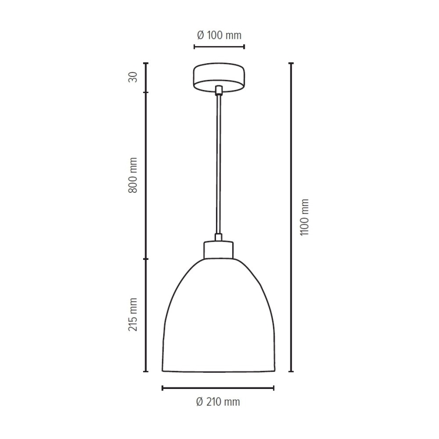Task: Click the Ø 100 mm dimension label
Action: click(219, 35)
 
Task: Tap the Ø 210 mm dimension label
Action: click(218, 402)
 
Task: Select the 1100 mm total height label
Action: click(304, 217)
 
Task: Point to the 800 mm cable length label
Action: click(133, 175)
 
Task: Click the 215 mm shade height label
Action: click(133, 315)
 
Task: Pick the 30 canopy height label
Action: click(133, 77)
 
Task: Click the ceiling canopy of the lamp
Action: click(219, 77)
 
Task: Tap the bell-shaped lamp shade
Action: click(218, 315)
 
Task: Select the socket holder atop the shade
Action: click(218, 249)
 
